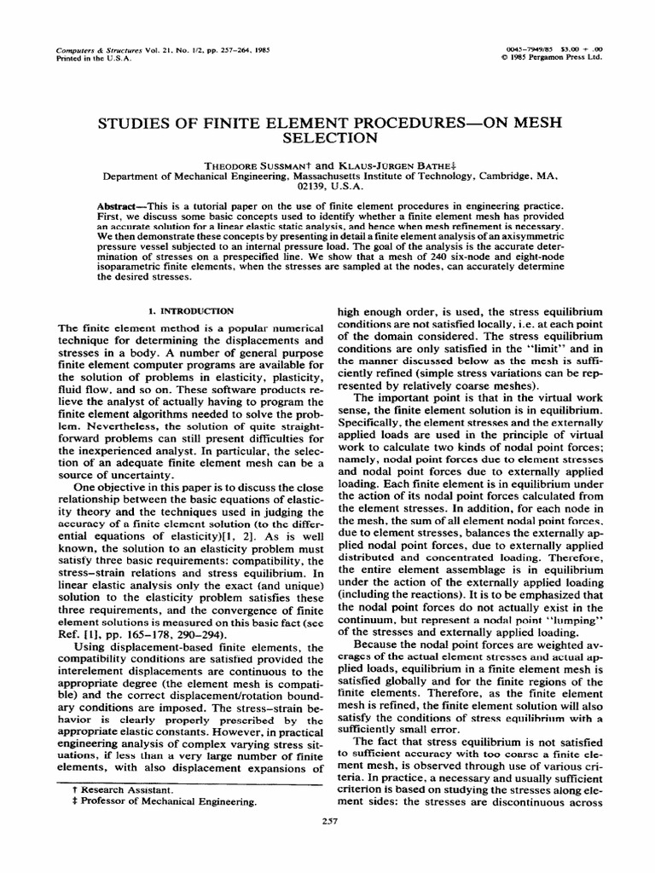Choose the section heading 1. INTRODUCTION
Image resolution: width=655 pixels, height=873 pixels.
pos(189,312)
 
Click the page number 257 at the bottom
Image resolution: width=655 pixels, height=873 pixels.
pos(327,822)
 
